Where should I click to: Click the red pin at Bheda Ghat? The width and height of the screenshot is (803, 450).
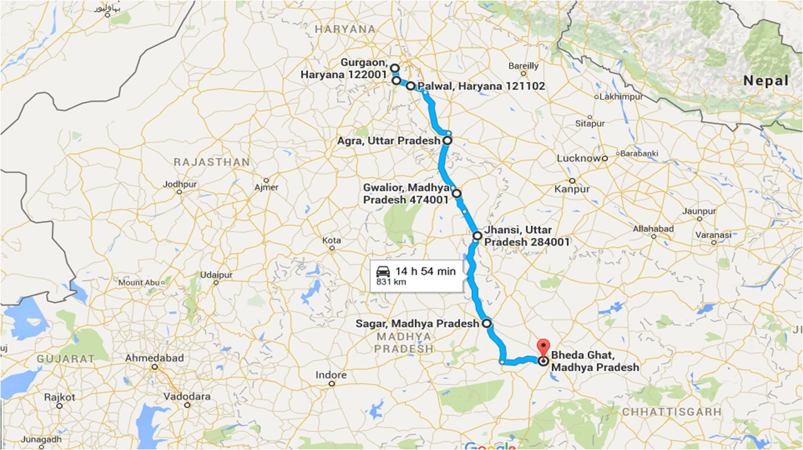(544, 346)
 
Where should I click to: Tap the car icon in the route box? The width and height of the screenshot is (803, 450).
(383, 271)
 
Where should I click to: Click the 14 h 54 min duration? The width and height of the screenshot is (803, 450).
(425, 271)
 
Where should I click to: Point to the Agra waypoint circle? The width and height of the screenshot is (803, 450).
(447, 141)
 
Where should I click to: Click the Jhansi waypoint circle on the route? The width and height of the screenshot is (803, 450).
(477, 236)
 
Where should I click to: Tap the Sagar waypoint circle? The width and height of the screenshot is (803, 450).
(486, 323)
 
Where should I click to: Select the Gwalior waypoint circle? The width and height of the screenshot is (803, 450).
(457, 193)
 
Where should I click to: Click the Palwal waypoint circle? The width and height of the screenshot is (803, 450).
(411, 86)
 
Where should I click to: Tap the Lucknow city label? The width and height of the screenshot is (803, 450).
(578, 158)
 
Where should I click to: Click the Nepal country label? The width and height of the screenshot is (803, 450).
(766, 81)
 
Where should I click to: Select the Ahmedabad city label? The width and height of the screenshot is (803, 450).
(155, 357)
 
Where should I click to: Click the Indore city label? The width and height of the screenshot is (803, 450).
(331, 375)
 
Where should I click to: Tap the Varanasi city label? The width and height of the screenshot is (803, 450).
(713, 235)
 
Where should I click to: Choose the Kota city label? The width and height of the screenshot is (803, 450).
(331, 240)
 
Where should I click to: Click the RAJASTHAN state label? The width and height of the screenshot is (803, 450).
(212, 162)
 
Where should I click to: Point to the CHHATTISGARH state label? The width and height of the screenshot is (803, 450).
(671, 412)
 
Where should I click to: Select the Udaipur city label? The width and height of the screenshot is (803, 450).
(216, 275)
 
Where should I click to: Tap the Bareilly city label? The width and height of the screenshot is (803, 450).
(524, 66)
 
